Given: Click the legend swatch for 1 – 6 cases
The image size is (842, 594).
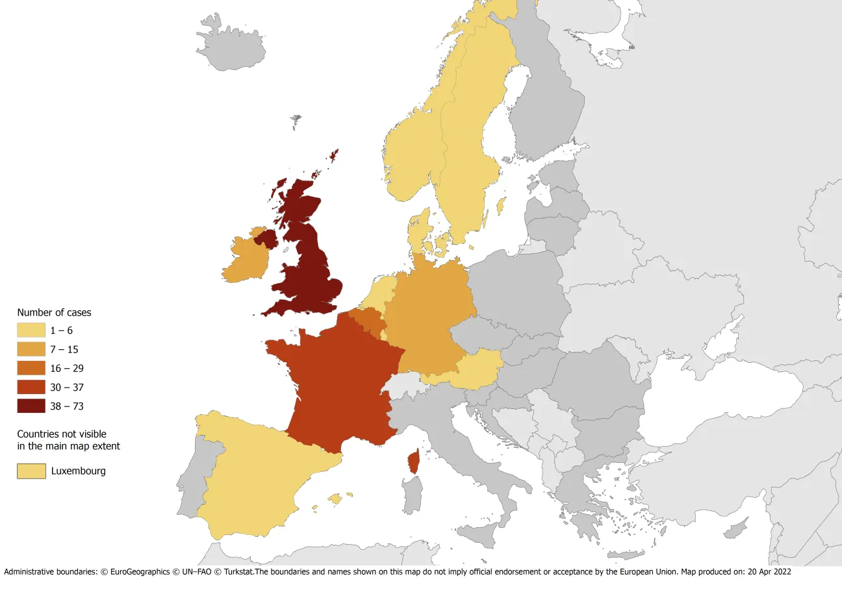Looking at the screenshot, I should (x=31, y=330).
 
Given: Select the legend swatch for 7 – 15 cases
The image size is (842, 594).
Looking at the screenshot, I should (x=31, y=349).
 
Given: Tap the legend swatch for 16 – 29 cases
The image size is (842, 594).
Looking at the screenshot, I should (x=31, y=368).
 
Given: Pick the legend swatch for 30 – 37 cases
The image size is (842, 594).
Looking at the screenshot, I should (x=31, y=387).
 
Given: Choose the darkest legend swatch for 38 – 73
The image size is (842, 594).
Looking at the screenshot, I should (x=31, y=406).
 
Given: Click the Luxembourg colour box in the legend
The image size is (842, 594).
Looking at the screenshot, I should (x=31, y=471).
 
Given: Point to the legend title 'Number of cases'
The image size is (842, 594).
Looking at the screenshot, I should (x=54, y=312).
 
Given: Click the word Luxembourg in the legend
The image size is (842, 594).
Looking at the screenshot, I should (x=79, y=471).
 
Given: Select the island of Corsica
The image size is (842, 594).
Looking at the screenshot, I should (x=413, y=462).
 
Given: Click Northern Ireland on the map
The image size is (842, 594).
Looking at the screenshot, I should (x=267, y=238).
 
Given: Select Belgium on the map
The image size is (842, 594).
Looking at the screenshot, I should (x=366, y=319).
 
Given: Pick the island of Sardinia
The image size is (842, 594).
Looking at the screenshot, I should (x=411, y=495).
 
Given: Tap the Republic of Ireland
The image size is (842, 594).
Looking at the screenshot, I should (x=246, y=260).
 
